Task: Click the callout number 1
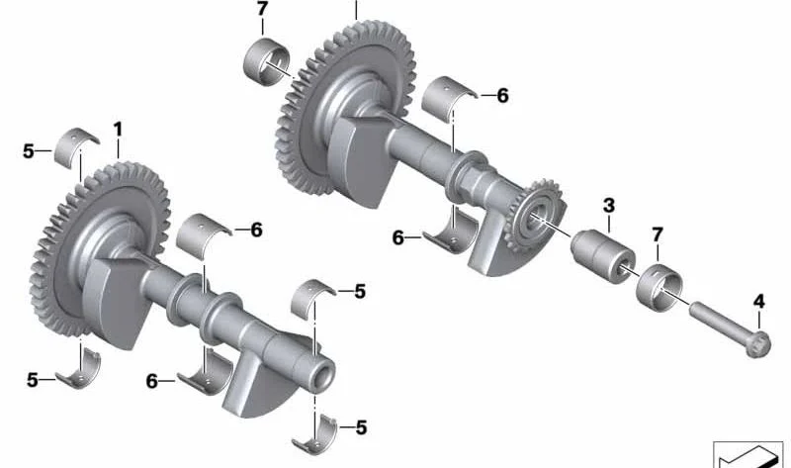[x=118, y=130]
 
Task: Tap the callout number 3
[x=609, y=206]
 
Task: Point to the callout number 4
[x=758, y=302]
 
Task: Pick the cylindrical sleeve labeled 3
[x=603, y=255]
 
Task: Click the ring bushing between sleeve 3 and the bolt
[x=659, y=287]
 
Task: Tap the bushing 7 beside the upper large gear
[x=267, y=61]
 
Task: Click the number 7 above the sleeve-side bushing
[x=657, y=234]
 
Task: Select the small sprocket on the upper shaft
[x=533, y=216]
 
